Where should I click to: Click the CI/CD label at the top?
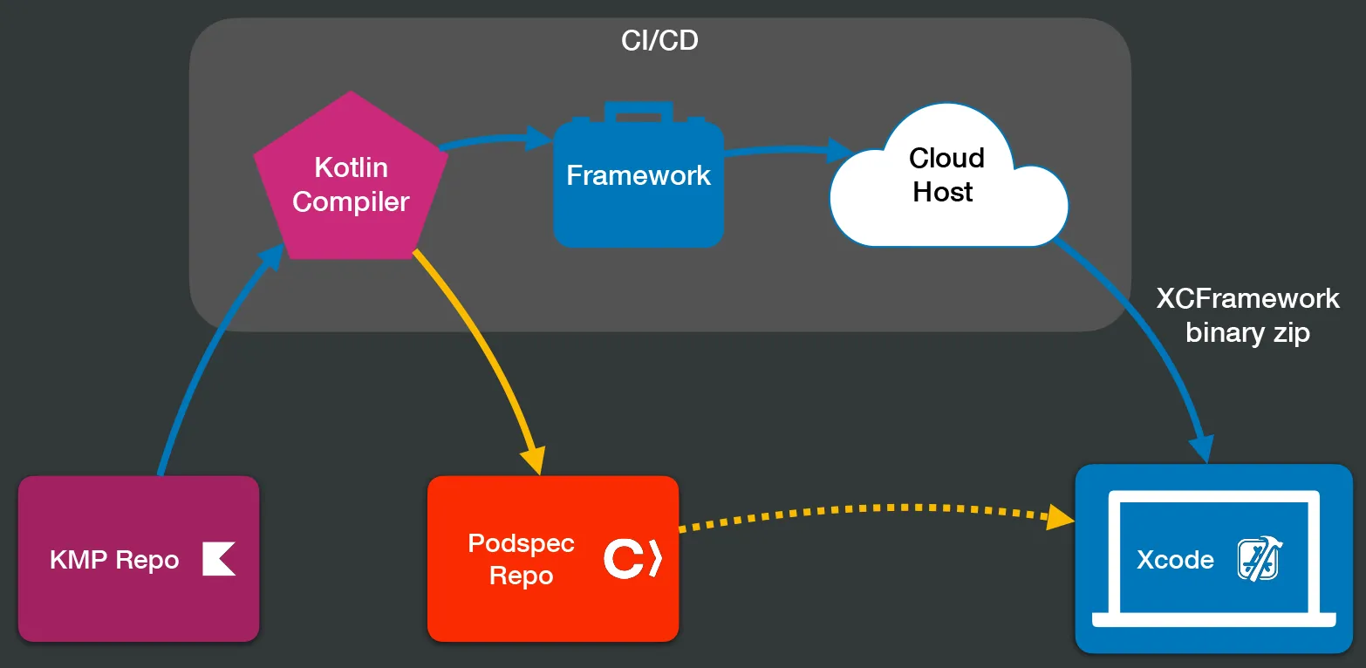(659, 40)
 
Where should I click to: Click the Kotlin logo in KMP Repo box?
(219, 559)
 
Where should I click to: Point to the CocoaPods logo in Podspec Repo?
(632, 559)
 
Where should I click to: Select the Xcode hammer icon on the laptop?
(1258, 559)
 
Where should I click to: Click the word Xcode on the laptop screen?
(1175, 559)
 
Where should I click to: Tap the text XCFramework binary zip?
(1247, 315)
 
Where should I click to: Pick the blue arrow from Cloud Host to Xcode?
(1151, 340)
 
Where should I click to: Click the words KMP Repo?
(114, 560)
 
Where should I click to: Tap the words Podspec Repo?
(521, 560)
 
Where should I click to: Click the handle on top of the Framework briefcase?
(639, 112)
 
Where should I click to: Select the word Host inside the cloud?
(942, 192)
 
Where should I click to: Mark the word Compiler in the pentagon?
(351, 201)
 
